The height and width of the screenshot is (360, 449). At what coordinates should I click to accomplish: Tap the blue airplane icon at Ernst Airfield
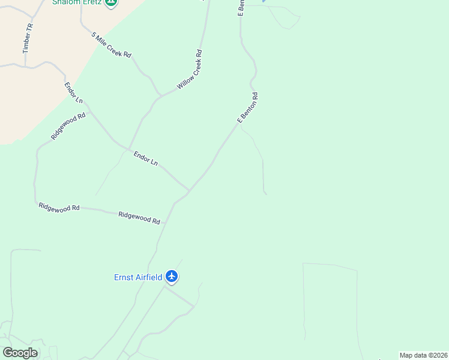[172, 277]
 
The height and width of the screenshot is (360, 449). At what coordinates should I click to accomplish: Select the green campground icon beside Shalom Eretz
[110, 2]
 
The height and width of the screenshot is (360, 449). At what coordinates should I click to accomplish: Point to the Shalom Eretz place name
[76, 2]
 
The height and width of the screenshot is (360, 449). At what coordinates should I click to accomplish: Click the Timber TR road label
[28, 39]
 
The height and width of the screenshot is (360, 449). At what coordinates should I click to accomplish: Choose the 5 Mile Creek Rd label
[111, 45]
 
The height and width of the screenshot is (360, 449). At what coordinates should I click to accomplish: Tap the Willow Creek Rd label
[190, 70]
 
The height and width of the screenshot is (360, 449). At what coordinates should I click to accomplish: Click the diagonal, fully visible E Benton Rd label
[248, 107]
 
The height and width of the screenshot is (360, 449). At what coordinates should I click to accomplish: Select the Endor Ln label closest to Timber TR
[74, 92]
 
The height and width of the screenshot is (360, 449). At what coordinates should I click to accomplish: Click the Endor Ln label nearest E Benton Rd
[146, 158]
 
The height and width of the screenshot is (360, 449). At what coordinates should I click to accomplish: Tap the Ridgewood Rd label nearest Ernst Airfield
[139, 217]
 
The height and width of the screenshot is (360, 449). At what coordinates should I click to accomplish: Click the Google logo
[20, 353]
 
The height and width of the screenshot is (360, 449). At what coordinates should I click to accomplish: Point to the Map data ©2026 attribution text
[424, 355]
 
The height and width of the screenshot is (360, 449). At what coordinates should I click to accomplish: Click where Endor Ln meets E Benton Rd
[189, 191]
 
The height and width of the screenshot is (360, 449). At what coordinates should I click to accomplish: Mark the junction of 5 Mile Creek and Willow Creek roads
[160, 95]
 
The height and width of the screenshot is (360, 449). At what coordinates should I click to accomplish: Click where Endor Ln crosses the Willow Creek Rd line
[127, 148]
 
